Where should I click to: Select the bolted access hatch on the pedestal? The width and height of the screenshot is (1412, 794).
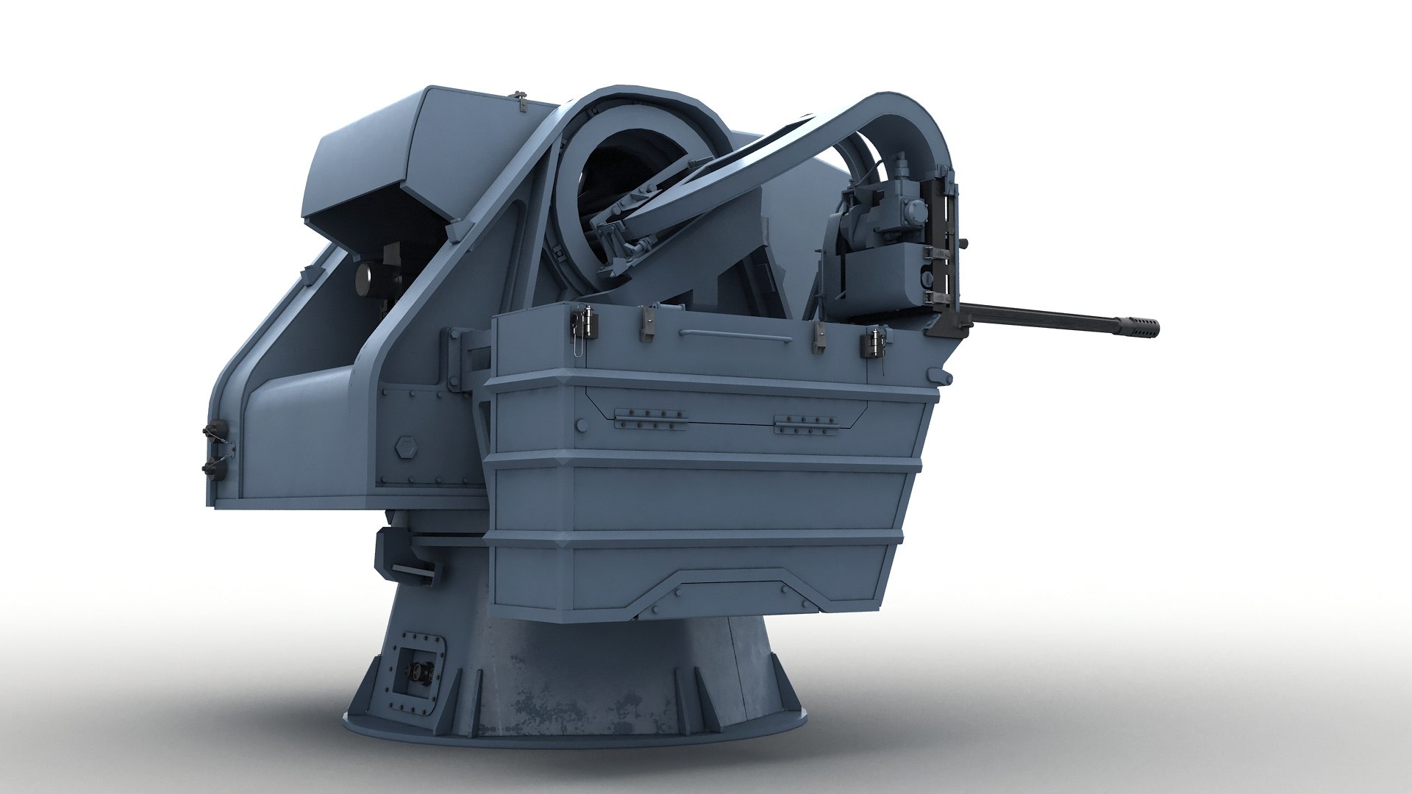(x=411, y=648)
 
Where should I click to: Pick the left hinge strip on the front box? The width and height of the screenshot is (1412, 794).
(x=650, y=419)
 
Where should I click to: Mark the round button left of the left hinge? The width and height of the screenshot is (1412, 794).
(x=582, y=424)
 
